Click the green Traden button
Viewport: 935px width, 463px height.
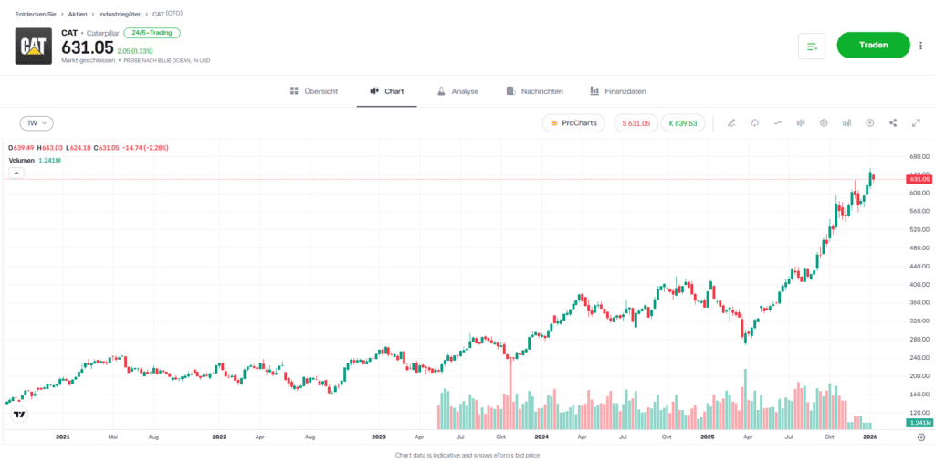click(873, 45)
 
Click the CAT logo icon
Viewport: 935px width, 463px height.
click(34, 46)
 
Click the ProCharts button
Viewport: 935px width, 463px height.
click(573, 122)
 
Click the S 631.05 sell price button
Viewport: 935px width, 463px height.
click(636, 122)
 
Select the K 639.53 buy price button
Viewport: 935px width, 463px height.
click(682, 122)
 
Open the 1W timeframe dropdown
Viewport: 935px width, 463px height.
click(37, 122)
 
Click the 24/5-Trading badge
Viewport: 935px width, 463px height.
click(152, 33)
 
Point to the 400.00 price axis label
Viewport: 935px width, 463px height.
click(919, 284)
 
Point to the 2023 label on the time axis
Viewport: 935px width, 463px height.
click(379, 437)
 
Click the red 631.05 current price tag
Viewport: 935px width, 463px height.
click(919, 179)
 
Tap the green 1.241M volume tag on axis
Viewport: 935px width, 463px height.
click(919, 424)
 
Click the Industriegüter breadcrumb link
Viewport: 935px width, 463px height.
click(120, 14)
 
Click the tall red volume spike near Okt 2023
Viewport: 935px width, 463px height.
click(510, 393)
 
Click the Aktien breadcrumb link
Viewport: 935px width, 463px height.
click(78, 14)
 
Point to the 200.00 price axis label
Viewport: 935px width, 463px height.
click(919, 375)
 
